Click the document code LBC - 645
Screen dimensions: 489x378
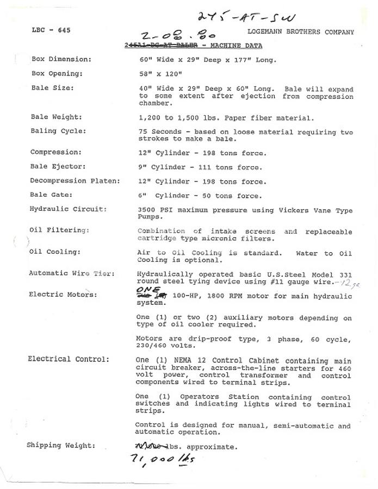click(x=51, y=30)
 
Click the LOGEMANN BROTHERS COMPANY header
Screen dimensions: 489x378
click(x=300, y=32)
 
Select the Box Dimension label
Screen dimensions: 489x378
click(x=61, y=59)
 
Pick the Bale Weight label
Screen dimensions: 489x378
click(x=57, y=117)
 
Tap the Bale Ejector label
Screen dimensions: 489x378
click(x=58, y=167)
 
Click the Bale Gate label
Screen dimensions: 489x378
click(x=52, y=195)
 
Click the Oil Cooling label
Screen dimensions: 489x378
click(x=55, y=252)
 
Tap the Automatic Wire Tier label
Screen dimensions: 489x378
click(x=72, y=273)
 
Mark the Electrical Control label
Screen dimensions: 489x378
click(x=69, y=359)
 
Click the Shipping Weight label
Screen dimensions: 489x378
click(x=61, y=446)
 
